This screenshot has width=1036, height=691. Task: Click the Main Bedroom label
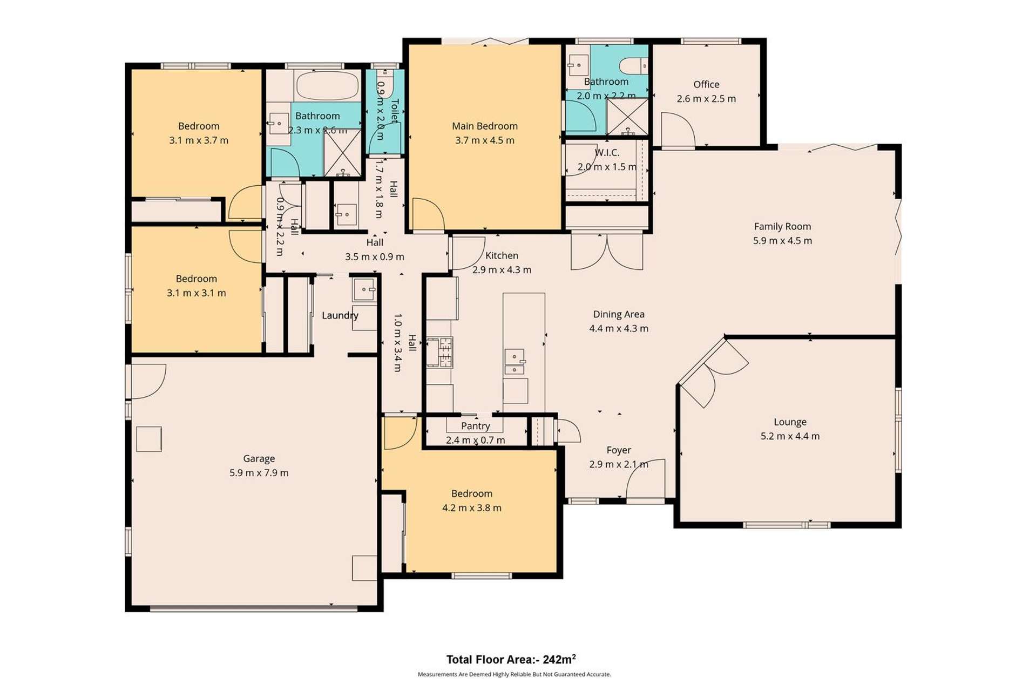pos(484,126)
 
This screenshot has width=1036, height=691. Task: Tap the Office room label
pos(706,84)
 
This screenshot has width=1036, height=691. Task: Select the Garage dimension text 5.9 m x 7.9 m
pos(259,473)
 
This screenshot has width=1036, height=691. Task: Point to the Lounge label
pos(790,422)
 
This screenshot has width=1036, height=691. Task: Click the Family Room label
pos(782,227)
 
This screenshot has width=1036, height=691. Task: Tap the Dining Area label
pos(618,314)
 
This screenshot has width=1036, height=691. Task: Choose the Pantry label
pos(475,426)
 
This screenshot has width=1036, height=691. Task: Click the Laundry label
pos(340,315)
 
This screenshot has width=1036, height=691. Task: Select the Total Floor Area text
pos(510,659)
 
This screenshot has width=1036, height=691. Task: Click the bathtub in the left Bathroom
pos(327,86)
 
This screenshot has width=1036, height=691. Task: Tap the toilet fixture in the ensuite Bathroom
pos(632,66)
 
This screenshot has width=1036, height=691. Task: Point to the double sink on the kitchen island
pos(513,362)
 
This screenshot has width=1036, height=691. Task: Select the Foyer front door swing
pos(646,479)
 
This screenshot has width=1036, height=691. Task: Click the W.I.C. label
pos(606,153)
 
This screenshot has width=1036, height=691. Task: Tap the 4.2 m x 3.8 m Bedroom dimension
pos(471,508)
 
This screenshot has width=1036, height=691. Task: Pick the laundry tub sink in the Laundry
pos(364,290)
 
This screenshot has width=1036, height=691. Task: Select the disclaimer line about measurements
pos(514,674)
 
